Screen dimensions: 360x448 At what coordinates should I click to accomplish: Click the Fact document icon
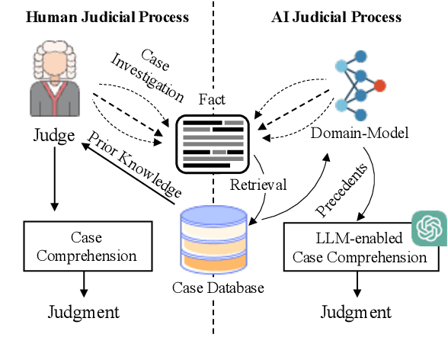click(x=213, y=142)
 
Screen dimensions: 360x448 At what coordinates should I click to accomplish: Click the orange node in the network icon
click(x=380, y=85)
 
